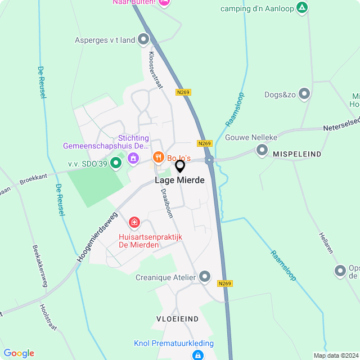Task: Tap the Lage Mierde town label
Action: click(180, 181)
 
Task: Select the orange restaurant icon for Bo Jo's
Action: click(159, 157)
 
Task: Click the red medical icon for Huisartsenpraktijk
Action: click(134, 223)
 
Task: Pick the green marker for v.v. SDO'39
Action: click(116, 163)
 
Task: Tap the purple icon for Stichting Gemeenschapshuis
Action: click(133, 158)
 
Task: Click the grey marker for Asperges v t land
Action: click(143, 39)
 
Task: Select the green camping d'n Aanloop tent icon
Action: click(303, 7)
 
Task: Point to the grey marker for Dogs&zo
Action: click(304, 94)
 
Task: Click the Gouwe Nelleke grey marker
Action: click(262, 150)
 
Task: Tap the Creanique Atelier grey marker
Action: click(205, 277)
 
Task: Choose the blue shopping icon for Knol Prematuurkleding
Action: click(197, 355)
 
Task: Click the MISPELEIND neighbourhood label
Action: click(296, 154)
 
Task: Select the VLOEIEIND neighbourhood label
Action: click(178, 319)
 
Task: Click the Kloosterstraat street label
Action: click(155, 70)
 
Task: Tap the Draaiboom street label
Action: click(166, 202)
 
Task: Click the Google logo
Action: click(19, 353)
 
